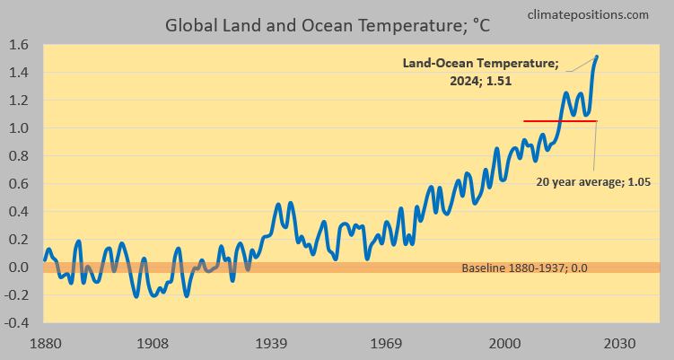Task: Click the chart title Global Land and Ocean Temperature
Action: pyautogui.click(x=328, y=25)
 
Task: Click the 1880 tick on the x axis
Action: pyautogui.click(x=45, y=343)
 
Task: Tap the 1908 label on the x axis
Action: pyautogui.click(x=154, y=343)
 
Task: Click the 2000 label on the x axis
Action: pyautogui.click(x=506, y=343)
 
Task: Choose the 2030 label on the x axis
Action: pyautogui.click(x=618, y=343)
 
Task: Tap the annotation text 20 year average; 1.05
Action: pyautogui.click(x=592, y=181)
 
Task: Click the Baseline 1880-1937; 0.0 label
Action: pyautogui.click(x=524, y=268)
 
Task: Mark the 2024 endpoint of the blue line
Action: pyautogui.click(x=597, y=57)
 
